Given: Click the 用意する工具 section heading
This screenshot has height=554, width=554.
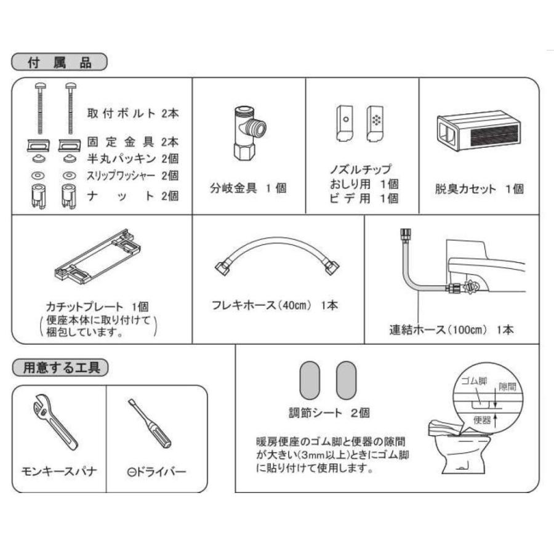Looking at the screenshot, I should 60,367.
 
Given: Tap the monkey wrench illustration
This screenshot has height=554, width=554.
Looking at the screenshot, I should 55,424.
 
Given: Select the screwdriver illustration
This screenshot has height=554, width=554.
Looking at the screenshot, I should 151,424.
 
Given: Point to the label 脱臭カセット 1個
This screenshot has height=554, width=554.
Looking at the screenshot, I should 479,189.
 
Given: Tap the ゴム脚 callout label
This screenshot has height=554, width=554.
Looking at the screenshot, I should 475,381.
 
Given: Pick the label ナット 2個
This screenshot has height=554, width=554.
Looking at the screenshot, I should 133,196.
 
